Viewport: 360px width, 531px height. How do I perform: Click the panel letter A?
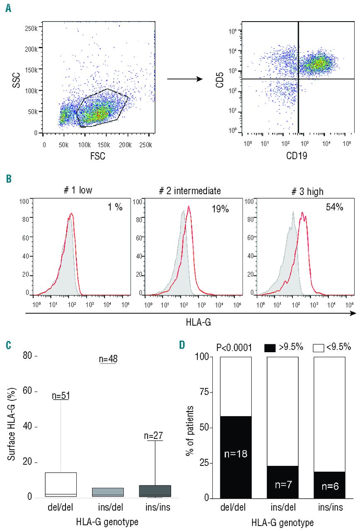point(8,8)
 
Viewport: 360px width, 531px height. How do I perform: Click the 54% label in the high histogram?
point(334,207)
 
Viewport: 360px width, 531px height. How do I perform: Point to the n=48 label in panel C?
point(108,360)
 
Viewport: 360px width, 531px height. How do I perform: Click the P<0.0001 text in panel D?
point(237,348)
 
